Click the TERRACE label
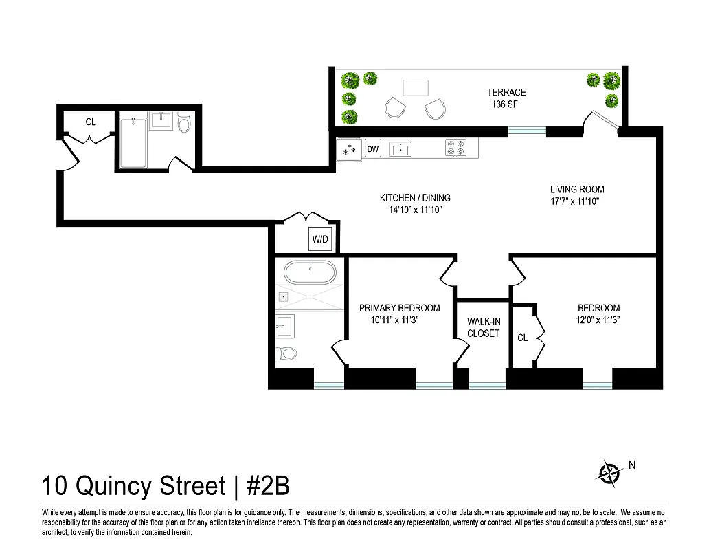[x=506, y=92]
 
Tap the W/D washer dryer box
[x=321, y=240]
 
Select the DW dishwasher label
[x=372, y=149]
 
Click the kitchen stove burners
[x=455, y=148]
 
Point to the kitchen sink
[x=400, y=148]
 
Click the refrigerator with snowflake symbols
[x=349, y=149]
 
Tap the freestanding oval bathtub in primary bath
[x=311, y=273]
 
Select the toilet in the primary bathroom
[x=286, y=354]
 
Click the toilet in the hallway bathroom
[x=183, y=124]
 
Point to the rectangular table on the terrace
[x=415, y=88]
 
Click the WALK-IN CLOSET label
[x=484, y=327]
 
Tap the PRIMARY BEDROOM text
[x=399, y=308]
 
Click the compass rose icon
[x=608, y=472]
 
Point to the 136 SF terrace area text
[x=506, y=105]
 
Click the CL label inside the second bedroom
[x=522, y=338]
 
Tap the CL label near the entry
[x=91, y=122]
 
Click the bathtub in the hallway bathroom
[x=133, y=142]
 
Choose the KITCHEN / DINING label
[x=415, y=198]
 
